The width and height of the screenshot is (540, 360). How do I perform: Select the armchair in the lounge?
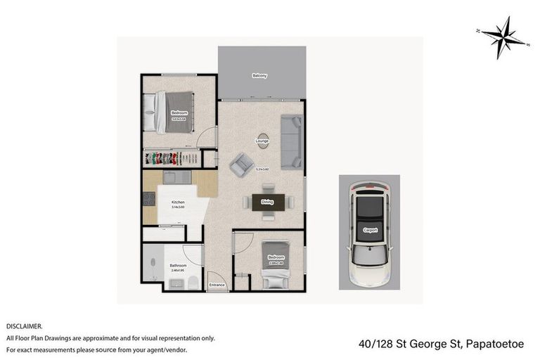(242, 166)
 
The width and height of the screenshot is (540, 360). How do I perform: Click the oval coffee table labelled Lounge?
(262, 141)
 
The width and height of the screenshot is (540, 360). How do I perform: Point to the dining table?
(267, 202)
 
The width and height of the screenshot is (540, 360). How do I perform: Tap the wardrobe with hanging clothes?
(172, 157)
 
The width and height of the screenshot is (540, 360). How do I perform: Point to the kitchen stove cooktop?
(149, 199)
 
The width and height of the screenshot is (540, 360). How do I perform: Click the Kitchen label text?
(177, 202)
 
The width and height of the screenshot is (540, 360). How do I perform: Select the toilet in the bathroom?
(192, 283)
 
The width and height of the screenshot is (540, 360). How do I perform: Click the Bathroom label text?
(178, 266)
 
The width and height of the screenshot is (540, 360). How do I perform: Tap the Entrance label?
(217, 285)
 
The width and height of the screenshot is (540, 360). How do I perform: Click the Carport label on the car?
(369, 230)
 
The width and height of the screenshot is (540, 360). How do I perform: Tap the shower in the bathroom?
(153, 264)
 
